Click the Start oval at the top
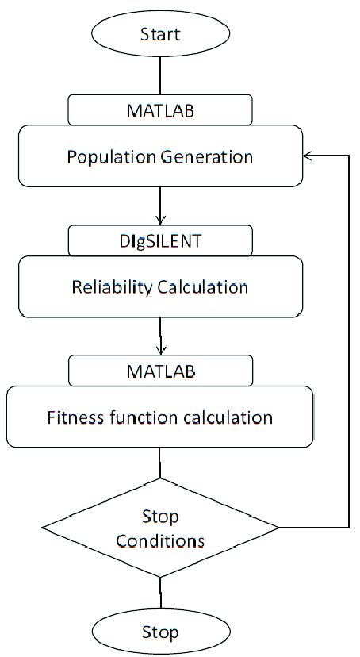point(160,33)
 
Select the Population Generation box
point(160,157)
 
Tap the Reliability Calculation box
point(160,286)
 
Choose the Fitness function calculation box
point(160,417)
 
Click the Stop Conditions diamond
point(160,528)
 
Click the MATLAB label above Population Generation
point(160,109)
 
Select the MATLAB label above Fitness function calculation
point(160,370)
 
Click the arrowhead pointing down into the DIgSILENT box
point(161,220)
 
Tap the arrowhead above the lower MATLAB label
point(161,350)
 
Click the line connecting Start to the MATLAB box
point(161,75)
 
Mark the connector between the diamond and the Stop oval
point(161,594)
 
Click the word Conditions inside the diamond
point(161,541)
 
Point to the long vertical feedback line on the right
point(349,341)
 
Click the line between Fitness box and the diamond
point(161,462)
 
